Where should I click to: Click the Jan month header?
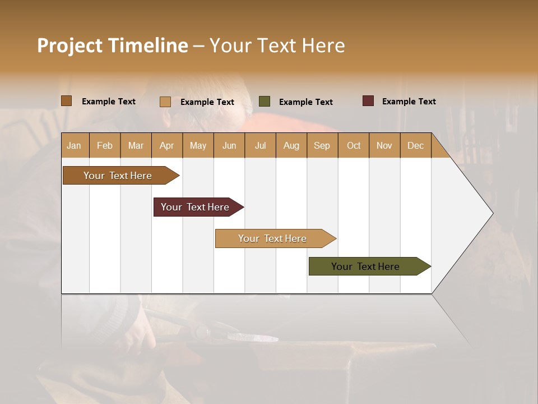(x=75, y=145)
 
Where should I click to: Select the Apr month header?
(x=167, y=145)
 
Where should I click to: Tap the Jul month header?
(x=260, y=145)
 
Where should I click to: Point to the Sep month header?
(x=322, y=145)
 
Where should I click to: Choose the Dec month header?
(x=415, y=145)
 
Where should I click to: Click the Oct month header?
(x=354, y=145)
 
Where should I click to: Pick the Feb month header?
(x=105, y=145)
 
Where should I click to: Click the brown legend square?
(x=66, y=101)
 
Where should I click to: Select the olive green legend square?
(x=265, y=102)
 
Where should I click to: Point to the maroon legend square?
(x=368, y=101)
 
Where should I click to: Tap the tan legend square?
(x=165, y=102)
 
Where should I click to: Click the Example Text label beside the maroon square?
(x=409, y=102)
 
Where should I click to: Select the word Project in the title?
(x=69, y=45)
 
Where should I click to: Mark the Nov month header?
(x=384, y=145)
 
